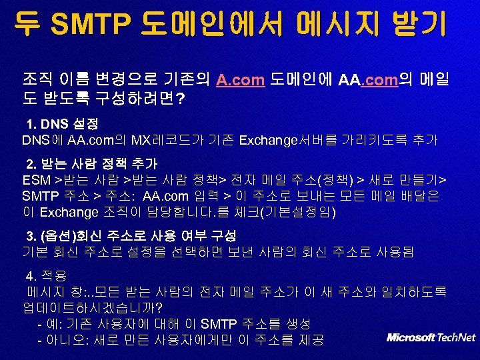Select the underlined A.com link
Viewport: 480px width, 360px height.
[x=241, y=81]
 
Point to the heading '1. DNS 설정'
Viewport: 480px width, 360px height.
[x=63, y=124]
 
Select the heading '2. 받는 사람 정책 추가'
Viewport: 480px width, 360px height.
[x=91, y=164]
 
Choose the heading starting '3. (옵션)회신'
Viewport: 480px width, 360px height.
[x=131, y=237]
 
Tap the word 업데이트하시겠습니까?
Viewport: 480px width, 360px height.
[x=93, y=308]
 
